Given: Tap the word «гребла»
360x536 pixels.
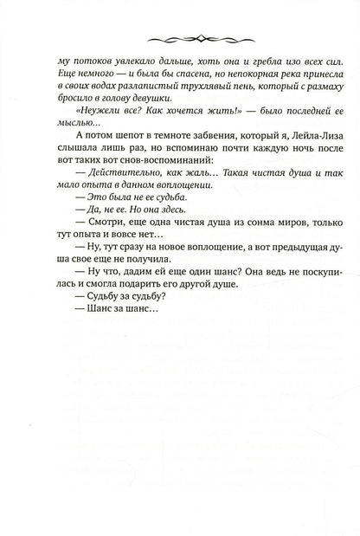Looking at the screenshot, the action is pyautogui.click(x=228, y=63).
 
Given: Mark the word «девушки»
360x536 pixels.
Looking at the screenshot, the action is pyautogui.click(x=155, y=105).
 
